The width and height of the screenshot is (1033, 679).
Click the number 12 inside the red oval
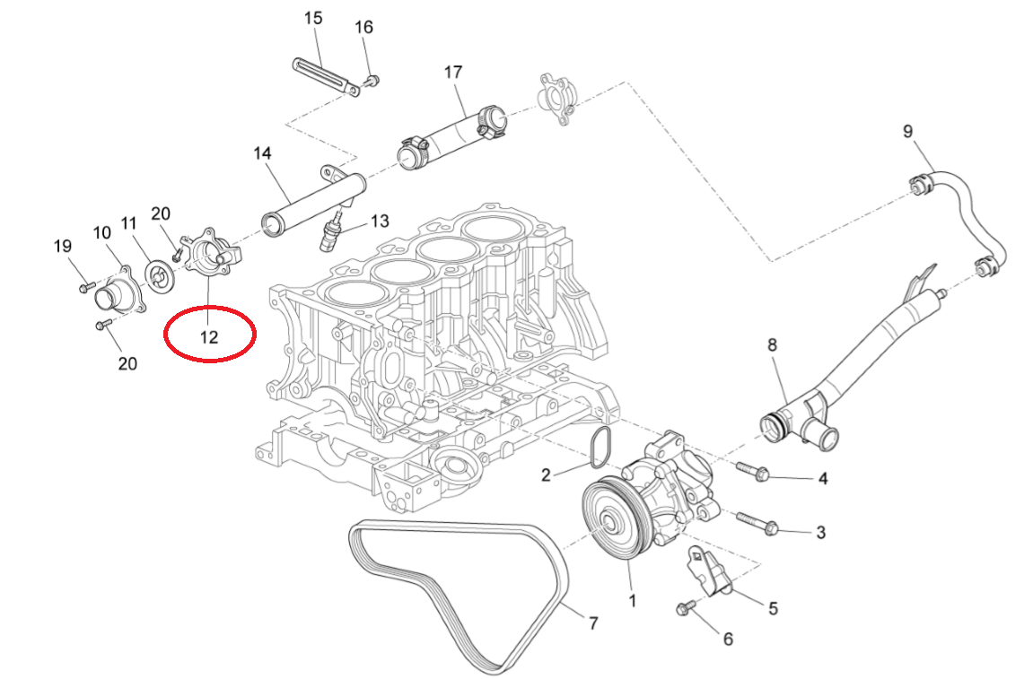point(209,337)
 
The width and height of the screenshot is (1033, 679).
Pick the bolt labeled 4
point(755,470)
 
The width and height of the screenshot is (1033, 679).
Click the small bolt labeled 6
point(684,610)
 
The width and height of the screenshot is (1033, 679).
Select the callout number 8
point(771,344)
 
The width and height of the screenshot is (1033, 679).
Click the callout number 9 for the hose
point(907,132)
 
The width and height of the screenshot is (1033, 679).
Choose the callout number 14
point(261,154)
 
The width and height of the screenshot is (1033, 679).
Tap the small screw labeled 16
point(372,82)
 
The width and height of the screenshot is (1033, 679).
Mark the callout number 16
point(363,27)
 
